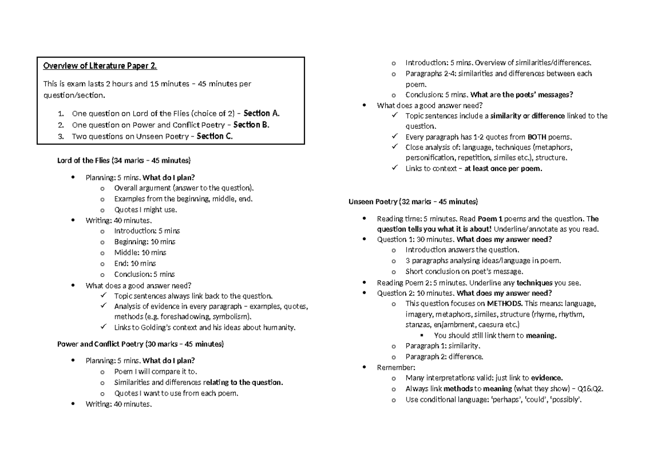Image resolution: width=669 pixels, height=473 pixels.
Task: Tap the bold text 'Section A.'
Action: (262, 114)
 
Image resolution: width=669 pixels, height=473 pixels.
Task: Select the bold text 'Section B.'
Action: (251, 125)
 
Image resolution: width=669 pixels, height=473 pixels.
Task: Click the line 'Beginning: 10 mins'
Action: (144, 242)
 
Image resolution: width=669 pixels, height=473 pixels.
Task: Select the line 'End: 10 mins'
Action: (135, 264)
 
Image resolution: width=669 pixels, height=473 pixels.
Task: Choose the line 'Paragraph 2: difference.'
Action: (444, 357)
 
